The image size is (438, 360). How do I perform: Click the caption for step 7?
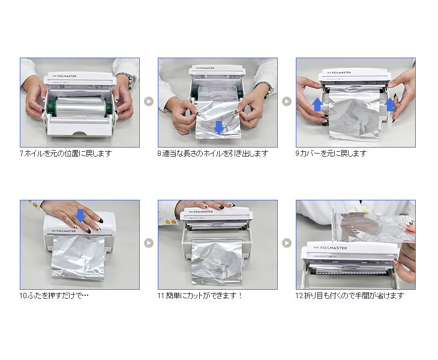click(65, 154)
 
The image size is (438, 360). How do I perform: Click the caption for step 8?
click(213, 154)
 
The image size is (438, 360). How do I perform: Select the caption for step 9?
click(331, 154)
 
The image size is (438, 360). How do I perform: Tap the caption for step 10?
click(54, 295)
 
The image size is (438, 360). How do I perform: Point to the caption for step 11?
click(200, 295)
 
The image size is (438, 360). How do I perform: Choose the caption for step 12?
click(350, 295)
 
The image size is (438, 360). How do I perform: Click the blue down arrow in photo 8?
click(219, 127)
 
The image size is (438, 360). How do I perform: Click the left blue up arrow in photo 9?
click(317, 104)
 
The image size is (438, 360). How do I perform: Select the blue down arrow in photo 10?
click(80, 215)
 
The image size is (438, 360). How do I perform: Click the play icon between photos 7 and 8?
click(149, 101)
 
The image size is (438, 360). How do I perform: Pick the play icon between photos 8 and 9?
click(287, 101)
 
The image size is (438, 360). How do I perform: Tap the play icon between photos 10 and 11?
click(149, 243)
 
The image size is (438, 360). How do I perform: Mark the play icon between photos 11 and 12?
click(287, 243)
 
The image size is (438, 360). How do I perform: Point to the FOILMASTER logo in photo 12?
click(330, 248)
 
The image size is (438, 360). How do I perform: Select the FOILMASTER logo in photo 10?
click(64, 231)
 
